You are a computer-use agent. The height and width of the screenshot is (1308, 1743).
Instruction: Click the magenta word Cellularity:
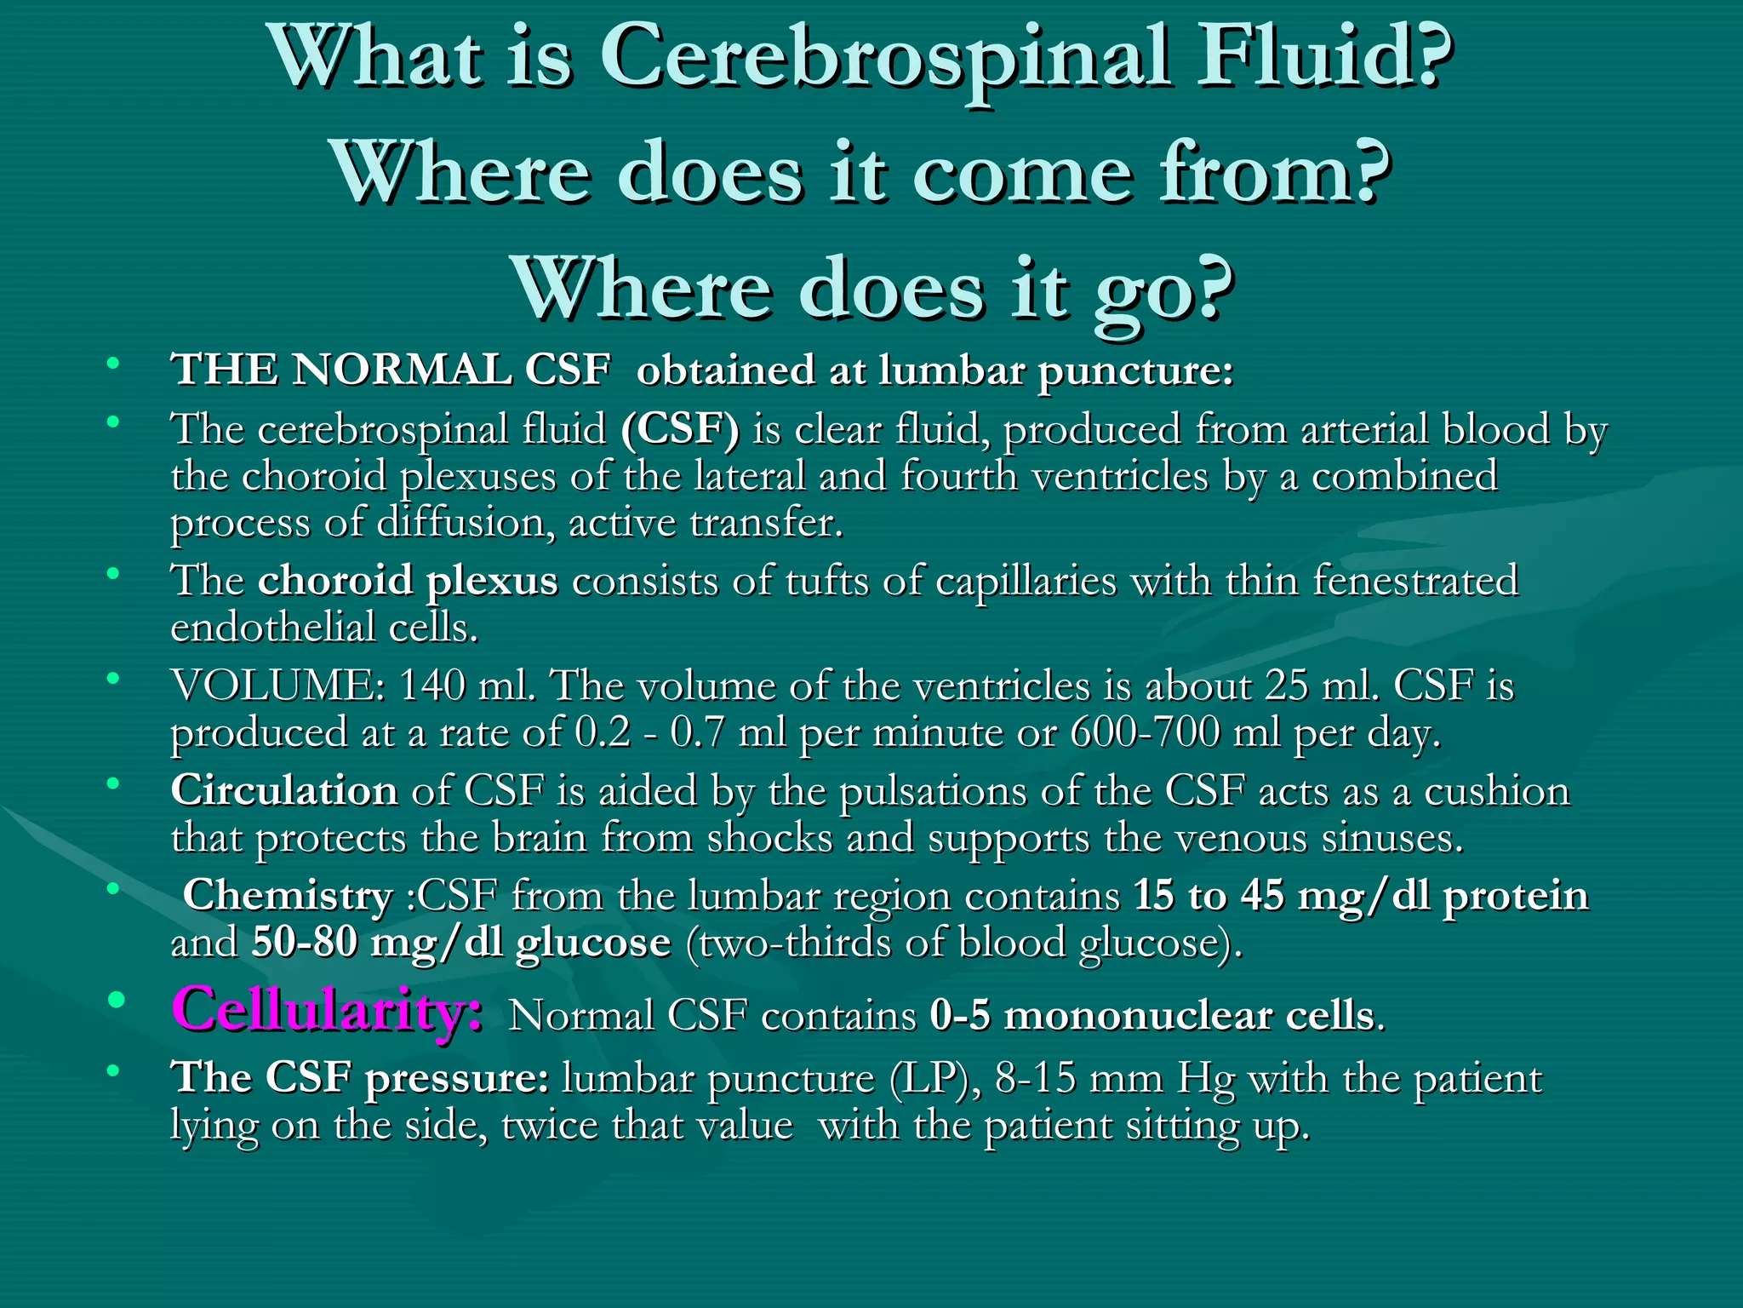328,1010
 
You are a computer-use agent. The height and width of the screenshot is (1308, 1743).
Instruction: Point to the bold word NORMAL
402,370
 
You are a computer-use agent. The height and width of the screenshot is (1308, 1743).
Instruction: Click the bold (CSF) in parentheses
680,428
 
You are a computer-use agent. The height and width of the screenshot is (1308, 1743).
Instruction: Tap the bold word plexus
492,582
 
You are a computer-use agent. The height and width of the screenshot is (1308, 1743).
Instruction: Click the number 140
431,686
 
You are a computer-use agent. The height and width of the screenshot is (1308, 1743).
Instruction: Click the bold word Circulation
284,791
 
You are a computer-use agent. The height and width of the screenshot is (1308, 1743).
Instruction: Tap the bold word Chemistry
288,896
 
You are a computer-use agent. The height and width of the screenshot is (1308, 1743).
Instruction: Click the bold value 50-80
304,943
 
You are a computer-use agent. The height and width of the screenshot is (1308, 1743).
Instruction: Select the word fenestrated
1415,582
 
